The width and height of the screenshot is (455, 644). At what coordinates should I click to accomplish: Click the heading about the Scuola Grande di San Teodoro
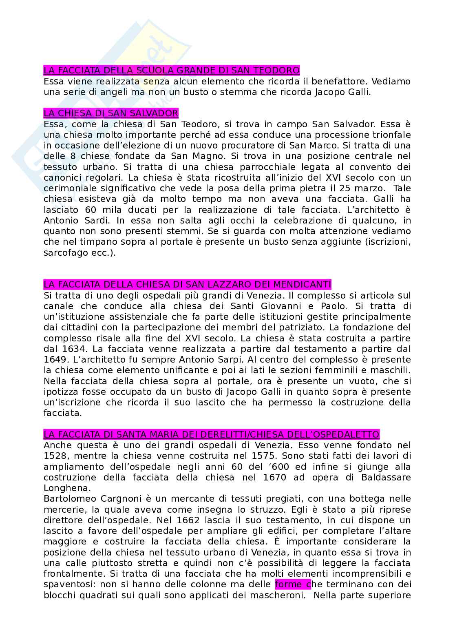tap(171, 71)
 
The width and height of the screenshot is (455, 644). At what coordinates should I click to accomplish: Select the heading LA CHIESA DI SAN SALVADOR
tap(111, 113)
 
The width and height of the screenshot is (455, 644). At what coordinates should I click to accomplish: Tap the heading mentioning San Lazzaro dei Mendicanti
tap(187, 284)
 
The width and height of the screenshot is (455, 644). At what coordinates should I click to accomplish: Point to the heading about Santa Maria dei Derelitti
tap(211, 434)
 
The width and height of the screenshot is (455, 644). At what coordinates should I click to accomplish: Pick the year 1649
tap(55, 359)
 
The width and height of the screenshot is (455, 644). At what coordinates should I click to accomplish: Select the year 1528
tap(55, 456)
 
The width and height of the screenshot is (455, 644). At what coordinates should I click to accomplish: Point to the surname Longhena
tap(62, 488)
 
